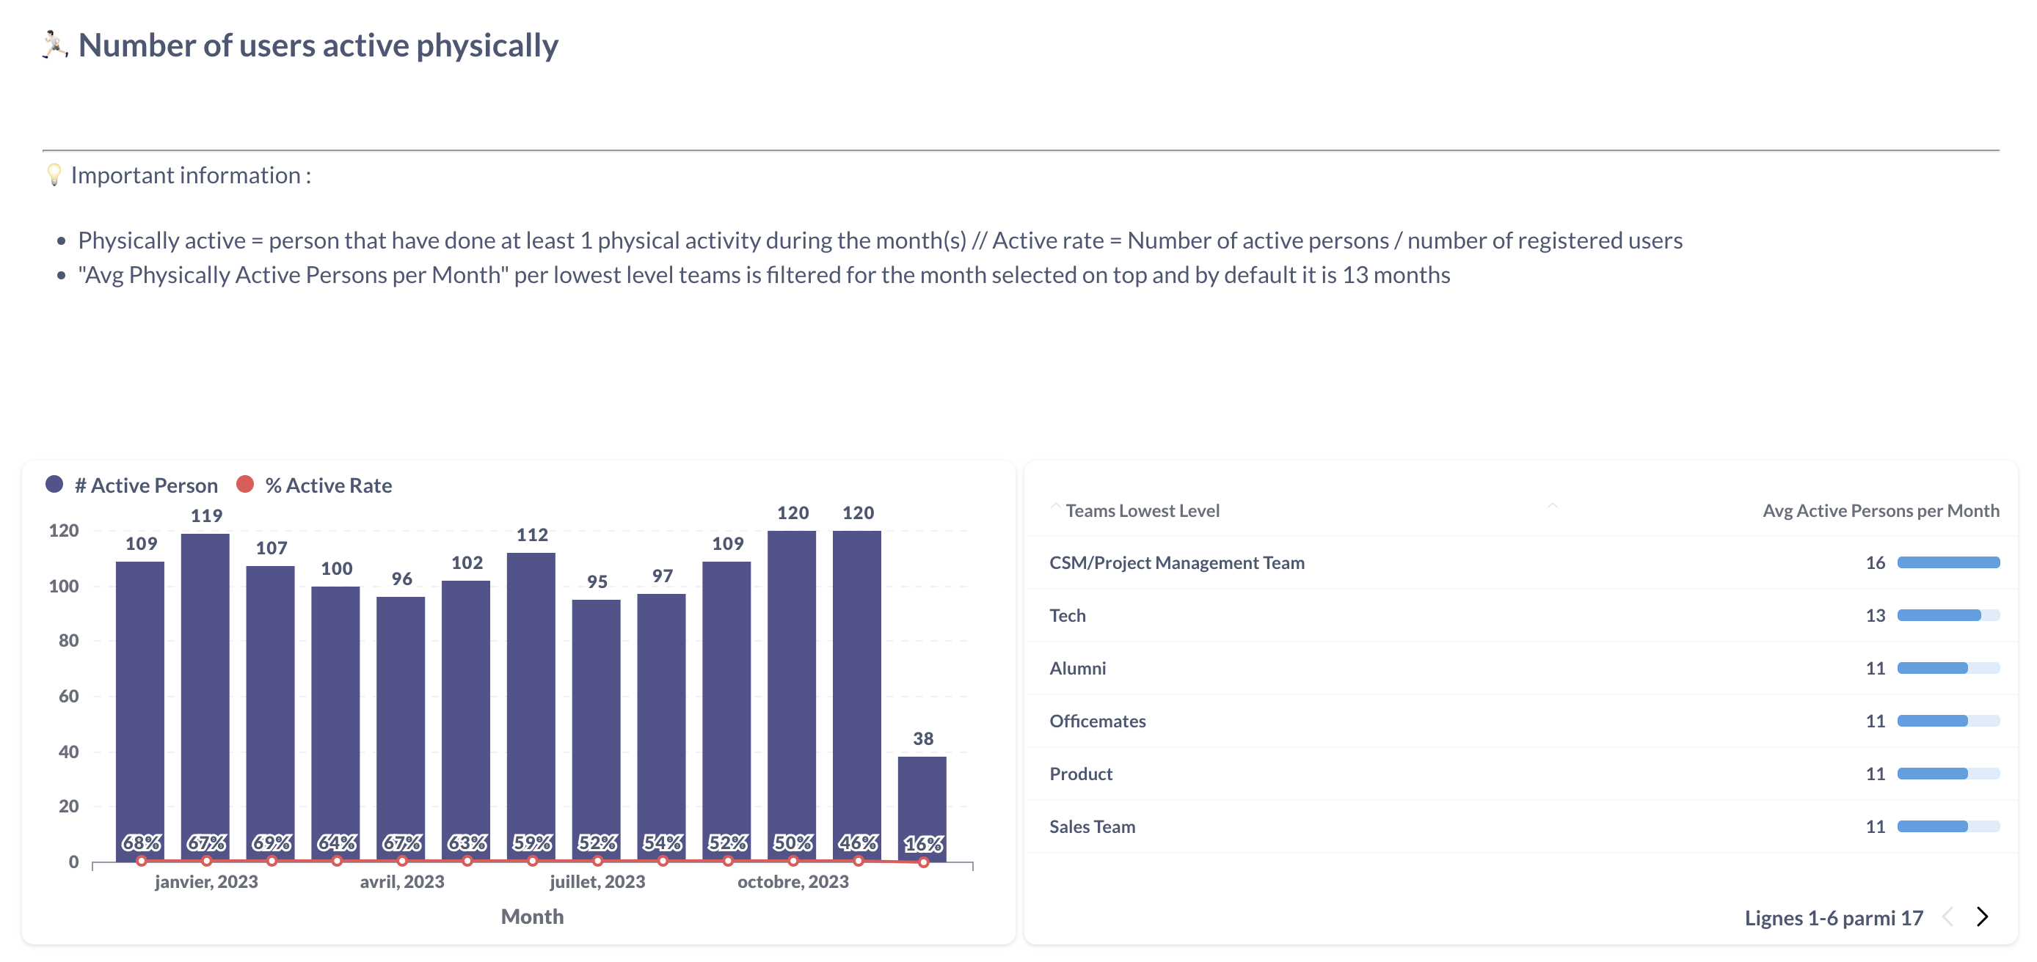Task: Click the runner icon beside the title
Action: coord(54,45)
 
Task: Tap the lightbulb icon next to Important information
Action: coord(54,175)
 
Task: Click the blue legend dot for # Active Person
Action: coord(54,485)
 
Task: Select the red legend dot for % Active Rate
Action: coord(245,485)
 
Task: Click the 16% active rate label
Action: coord(923,844)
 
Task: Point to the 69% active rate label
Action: coord(272,843)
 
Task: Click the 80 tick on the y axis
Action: coord(69,641)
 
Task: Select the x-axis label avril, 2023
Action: coord(401,882)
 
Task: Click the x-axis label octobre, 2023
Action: coord(793,882)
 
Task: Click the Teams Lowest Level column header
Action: coord(1142,510)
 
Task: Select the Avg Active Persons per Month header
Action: coord(1881,510)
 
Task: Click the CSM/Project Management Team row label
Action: coord(1177,563)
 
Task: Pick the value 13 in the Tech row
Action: coord(1875,616)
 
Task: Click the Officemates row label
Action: coord(1098,721)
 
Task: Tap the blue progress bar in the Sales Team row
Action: coord(1933,827)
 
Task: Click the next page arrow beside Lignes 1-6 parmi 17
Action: coord(1982,917)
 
